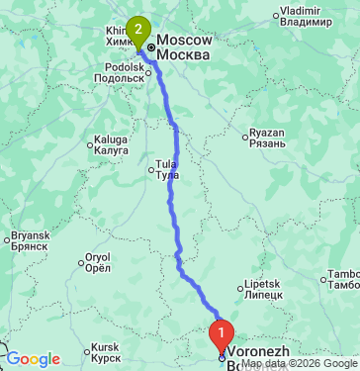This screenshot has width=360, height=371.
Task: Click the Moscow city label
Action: pyautogui.click(x=185, y=46)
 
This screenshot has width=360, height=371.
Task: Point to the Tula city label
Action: pyautogui.click(x=166, y=168)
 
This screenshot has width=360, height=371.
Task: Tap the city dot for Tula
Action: pyautogui.click(x=152, y=172)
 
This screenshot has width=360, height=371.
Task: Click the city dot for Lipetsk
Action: pyautogui.click(x=239, y=289)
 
